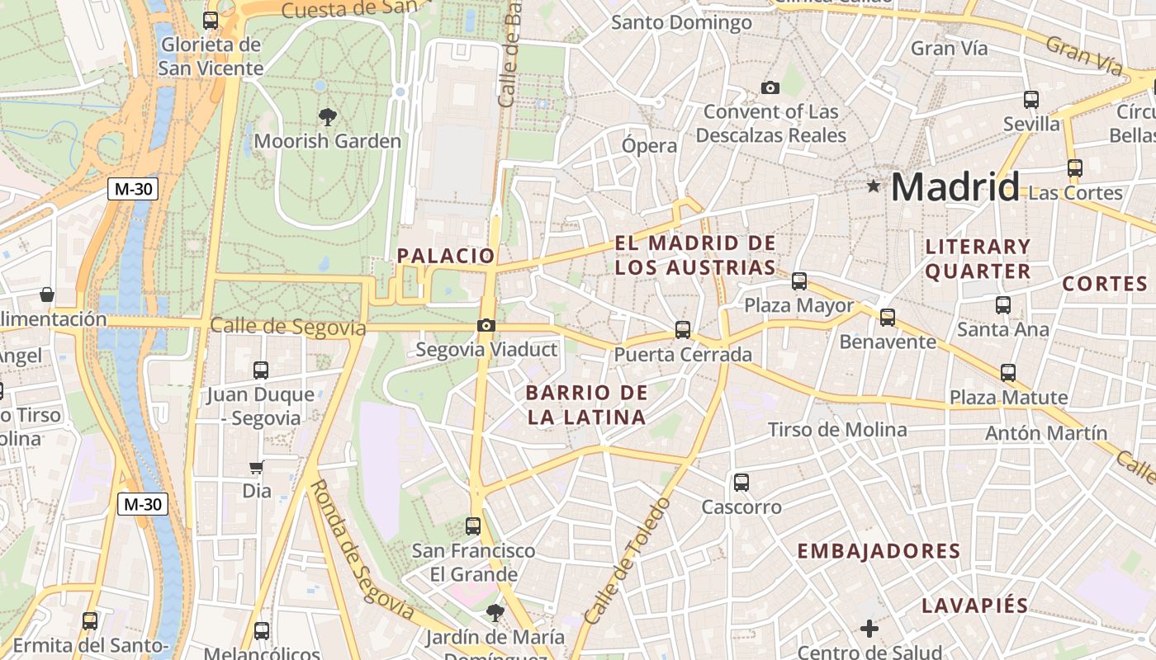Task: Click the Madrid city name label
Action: tap(955, 186)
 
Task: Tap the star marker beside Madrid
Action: tap(874, 186)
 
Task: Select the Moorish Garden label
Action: tap(327, 141)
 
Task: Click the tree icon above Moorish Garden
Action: tap(328, 116)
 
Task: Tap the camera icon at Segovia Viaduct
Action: tap(486, 325)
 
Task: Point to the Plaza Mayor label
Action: tap(798, 305)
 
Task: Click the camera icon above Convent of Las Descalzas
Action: tap(770, 87)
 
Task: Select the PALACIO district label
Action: tap(446, 256)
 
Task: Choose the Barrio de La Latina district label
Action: tap(586, 404)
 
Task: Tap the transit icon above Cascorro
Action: tap(741, 482)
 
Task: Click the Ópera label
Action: tap(649, 146)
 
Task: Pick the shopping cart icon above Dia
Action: tap(257, 468)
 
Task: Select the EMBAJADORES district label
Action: tap(879, 551)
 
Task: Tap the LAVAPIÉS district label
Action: tap(974, 606)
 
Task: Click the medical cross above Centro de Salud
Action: tap(869, 629)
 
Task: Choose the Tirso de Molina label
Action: tap(837, 430)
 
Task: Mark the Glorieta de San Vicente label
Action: tap(211, 56)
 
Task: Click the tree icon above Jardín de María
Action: tap(495, 612)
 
